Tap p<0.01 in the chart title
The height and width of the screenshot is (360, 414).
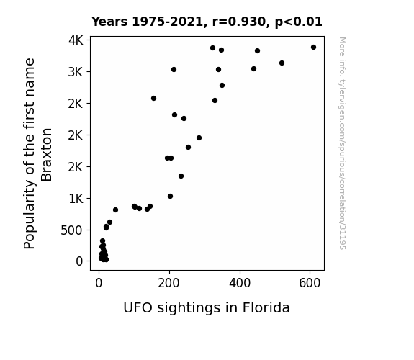299,22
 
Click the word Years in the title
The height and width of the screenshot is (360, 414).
109,22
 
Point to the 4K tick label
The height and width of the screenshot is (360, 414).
76,40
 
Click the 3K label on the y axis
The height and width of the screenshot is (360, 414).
76,72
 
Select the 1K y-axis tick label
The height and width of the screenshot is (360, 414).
76,198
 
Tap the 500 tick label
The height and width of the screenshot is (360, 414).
72,230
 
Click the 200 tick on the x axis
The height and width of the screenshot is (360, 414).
169,283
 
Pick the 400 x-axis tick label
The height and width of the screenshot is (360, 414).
240,283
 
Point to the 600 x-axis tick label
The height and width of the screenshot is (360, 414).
310,283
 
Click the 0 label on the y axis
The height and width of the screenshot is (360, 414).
79,261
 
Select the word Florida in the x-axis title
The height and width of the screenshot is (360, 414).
266,307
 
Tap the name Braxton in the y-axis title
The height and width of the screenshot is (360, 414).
47,155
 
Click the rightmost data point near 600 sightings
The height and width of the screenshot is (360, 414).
313,48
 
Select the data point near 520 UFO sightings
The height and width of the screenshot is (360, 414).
282,63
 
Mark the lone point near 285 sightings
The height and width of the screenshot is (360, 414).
199,138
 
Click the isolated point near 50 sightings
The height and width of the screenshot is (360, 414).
115,210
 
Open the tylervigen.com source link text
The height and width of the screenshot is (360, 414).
342,143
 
